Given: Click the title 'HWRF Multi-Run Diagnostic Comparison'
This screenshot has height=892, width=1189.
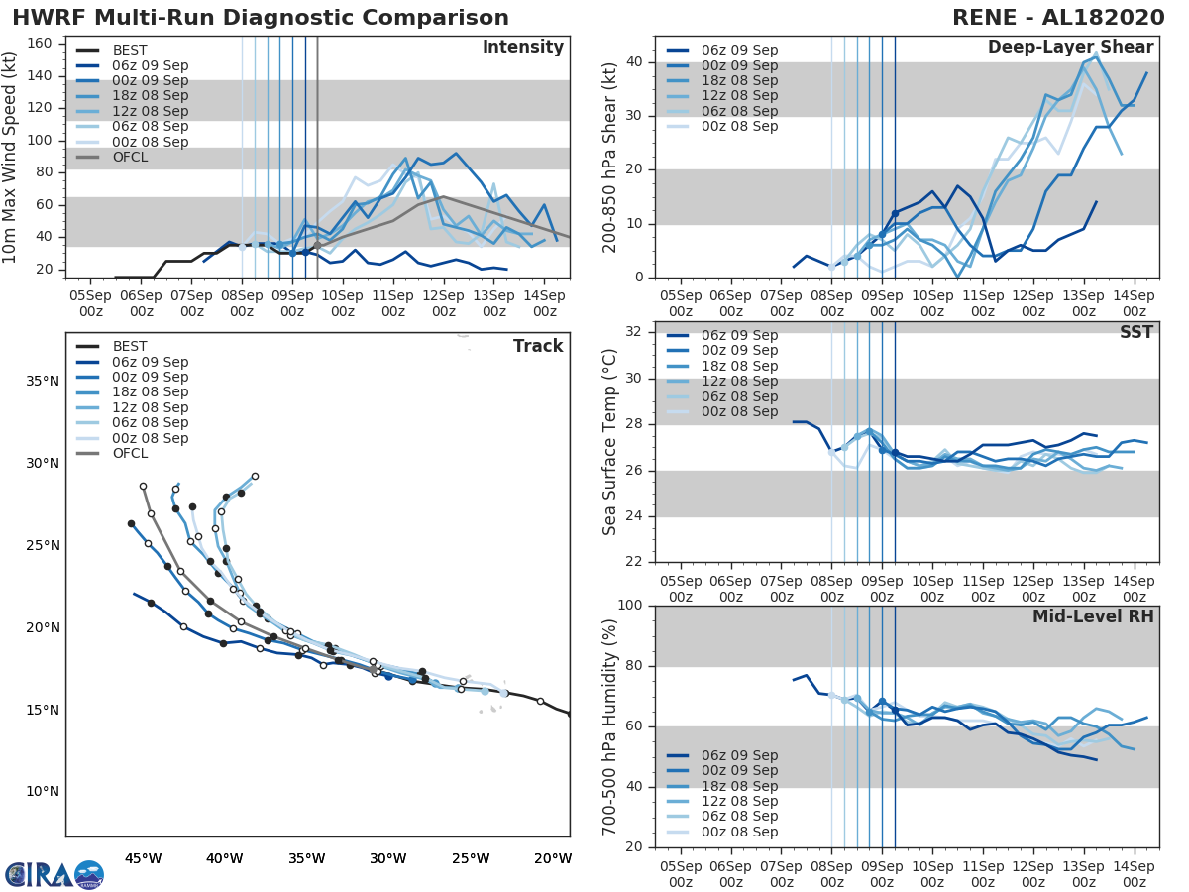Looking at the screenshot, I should tap(261, 18).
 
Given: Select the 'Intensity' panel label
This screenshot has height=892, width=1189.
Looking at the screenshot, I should tap(522, 48).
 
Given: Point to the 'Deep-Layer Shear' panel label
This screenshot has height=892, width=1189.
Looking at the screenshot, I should tap(1070, 48).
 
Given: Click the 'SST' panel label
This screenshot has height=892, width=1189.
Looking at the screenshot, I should tap(1135, 332).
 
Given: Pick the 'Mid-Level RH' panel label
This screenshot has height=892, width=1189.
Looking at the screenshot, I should tap(1093, 616).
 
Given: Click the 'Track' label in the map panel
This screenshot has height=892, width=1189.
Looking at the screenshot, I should tap(537, 346).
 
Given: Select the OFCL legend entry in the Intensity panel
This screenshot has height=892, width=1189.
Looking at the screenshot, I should tap(131, 157).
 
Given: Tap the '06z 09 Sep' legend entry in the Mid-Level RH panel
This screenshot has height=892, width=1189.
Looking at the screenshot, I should tap(739, 755).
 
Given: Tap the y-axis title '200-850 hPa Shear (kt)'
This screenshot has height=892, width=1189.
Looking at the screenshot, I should tap(610, 159).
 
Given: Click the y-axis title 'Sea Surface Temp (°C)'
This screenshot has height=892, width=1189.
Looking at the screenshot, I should tap(610, 442).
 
